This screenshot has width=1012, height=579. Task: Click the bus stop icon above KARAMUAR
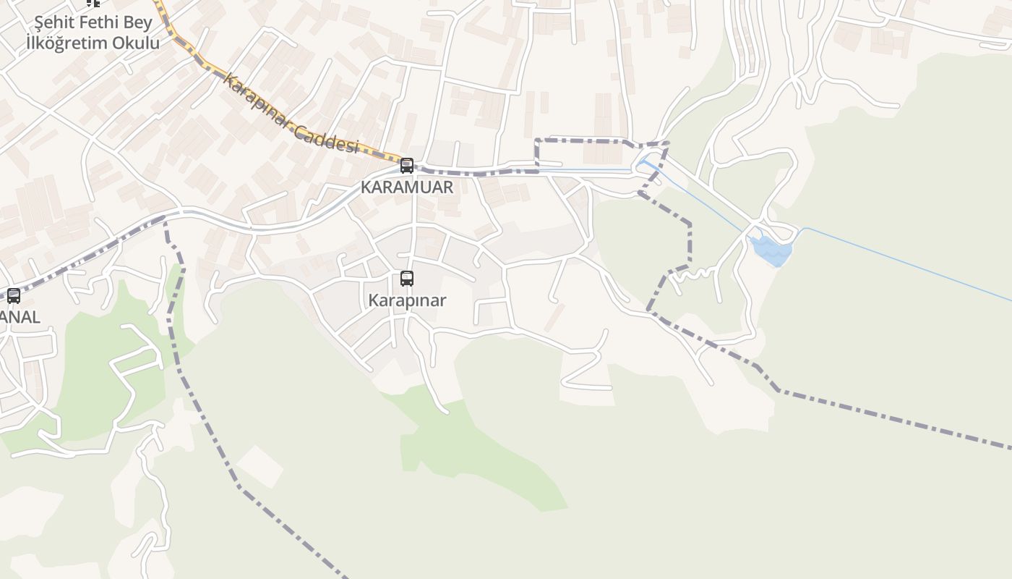pyautogui.click(x=407, y=166)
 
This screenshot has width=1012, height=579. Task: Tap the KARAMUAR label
pyautogui.click(x=407, y=187)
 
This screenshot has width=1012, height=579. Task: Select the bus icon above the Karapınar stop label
pyautogui.click(x=407, y=279)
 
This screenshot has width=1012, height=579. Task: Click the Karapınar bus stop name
pyautogui.click(x=407, y=300)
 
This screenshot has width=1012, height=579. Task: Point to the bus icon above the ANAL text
pyautogui.click(x=14, y=295)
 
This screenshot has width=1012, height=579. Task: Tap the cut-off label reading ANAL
pyautogui.click(x=20, y=317)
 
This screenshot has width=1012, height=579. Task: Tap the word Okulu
pyautogui.click(x=137, y=43)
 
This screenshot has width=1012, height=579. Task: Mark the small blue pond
pyautogui.click(x=771, y=250)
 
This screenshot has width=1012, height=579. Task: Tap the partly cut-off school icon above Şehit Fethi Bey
pyautogui.click(x=93, y=3)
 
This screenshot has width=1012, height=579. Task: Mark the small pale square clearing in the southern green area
pyautogui.click(x=260, y=466)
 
